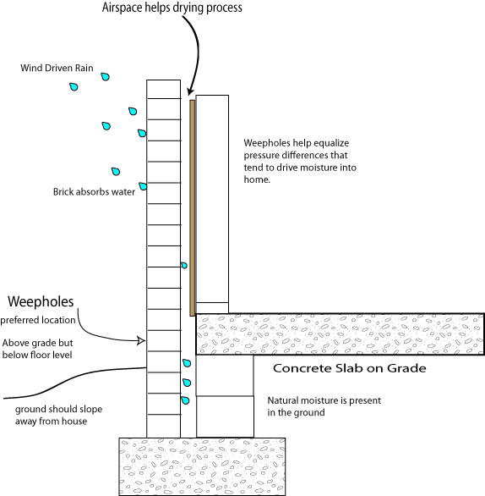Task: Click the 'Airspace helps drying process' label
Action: click(172, 8)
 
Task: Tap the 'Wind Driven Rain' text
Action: click(57, 68)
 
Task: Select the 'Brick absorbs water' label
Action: click(94, 191)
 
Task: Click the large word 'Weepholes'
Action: click(41, 301)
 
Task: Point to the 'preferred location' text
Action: click(38, 320)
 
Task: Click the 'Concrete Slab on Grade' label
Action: click(350, 368)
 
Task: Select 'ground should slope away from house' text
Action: click(59, 415)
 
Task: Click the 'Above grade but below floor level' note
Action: click(37, 349)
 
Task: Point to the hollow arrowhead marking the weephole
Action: click(141, 341)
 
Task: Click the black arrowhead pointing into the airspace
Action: click(190, 91)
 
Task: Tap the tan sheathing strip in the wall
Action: click(193, 208)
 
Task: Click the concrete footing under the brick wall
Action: click(202, 466)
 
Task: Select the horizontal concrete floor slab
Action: click(340, 334)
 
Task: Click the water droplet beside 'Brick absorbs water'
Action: click(143, 186)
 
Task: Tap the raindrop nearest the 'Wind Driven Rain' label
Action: click(105, 76)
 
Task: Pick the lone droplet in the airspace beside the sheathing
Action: click(184, 266)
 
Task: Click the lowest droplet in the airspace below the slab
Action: click(185, 400)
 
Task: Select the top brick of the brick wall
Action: click(164, 89)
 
